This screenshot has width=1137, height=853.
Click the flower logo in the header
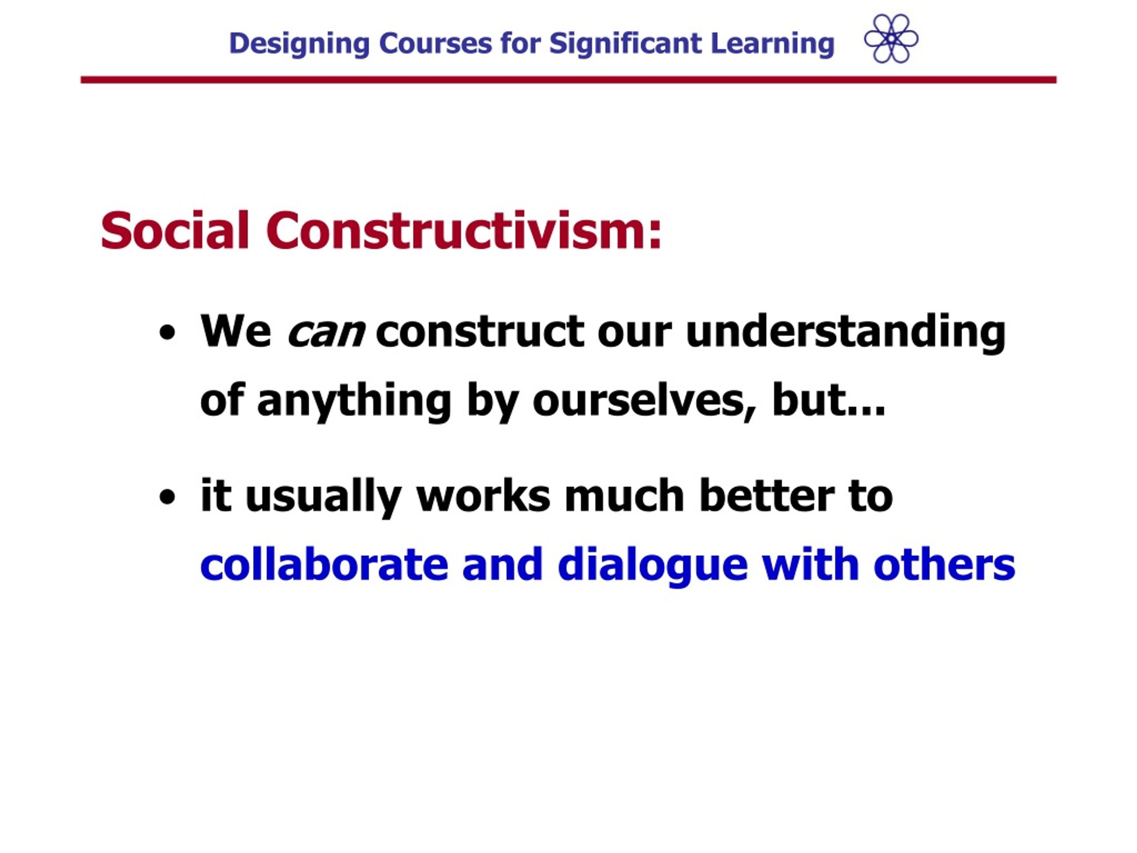coord(891,39)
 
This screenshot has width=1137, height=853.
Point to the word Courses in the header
coord(435,44)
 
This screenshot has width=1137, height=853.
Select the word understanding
coord(846,333)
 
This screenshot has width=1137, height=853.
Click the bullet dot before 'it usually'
coord(167,497)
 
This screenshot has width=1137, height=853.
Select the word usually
coord(323,498)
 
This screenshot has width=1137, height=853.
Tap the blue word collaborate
coord(324,565)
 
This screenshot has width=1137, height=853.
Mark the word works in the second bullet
coord(483,496)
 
